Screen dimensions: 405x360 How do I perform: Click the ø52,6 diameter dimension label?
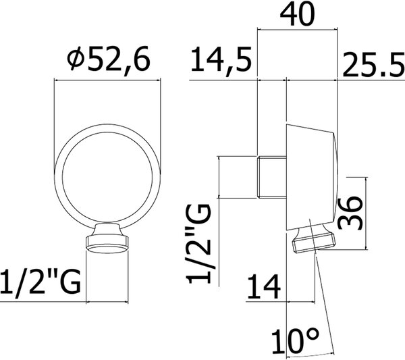tap(109, 61)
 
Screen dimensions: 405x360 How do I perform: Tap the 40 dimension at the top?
tap(298, 15)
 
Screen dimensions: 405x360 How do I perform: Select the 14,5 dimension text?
tap(221, 61)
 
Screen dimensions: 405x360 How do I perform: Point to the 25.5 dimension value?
tap(373, 65)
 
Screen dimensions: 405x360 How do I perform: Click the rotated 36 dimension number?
tap(350, 213)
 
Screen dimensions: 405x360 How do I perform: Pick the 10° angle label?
tap(295, 341)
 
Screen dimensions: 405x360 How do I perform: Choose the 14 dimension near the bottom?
tap(264, 286)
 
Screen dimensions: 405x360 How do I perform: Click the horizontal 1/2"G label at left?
tap(40, 282)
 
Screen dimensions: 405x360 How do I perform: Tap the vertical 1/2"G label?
tap(198, 244)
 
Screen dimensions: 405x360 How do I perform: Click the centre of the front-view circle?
tap(107, 176)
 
